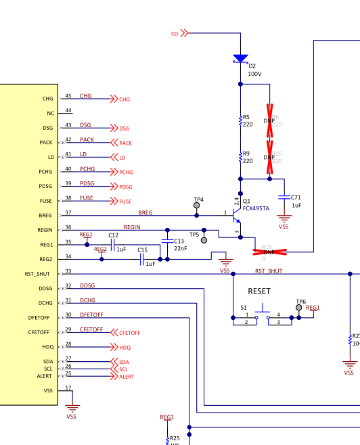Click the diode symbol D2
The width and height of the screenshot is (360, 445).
click(240, 59)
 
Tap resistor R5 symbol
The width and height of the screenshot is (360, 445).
click(240, 120)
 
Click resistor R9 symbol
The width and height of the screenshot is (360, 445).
click(240, 157)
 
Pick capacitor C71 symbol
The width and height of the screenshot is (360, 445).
click(284, 197)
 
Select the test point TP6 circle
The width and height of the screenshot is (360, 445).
click(299, 308)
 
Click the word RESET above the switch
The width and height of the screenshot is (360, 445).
click(259, 291)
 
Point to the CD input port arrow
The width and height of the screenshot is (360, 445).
click(185, 33)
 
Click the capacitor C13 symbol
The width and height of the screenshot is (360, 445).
click(168, 241)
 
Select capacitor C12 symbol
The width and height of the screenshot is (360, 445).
click(113, 243)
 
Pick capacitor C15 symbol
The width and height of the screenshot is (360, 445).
click(143, 258)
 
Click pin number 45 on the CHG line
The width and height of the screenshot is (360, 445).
click(68, 96)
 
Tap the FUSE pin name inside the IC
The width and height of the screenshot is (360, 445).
click(46, 201)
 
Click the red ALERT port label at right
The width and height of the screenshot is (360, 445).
click(126, 377)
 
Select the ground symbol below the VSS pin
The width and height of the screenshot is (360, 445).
click(73, 407)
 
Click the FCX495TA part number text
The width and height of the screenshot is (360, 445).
click(256, 209)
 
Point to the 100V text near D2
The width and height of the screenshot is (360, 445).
click(254, 73)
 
